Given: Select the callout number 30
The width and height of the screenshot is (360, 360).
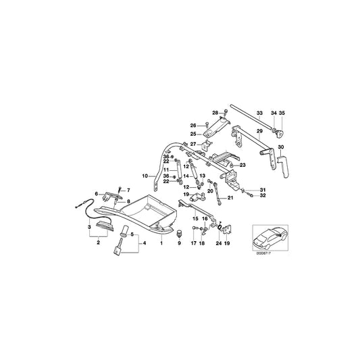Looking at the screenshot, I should [281, 147].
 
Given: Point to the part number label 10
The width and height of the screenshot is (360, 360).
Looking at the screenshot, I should [143, 176].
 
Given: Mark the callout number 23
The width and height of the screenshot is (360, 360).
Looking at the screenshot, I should [243, 164].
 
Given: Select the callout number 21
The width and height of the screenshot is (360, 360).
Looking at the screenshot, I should [230, 198].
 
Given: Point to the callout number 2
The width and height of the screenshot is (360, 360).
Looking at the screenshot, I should [99, 242].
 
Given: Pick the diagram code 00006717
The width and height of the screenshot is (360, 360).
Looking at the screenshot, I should [266, 255].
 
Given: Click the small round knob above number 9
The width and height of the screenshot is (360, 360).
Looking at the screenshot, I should [181, 232].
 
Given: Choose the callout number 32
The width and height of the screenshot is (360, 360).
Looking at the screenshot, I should [263, 196].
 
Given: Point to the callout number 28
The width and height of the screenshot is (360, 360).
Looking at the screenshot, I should [215, 112].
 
